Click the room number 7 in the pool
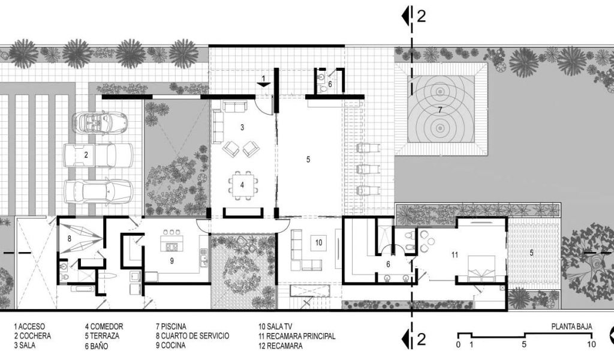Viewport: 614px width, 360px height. (440, 110)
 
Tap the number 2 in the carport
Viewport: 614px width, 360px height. (86, 155)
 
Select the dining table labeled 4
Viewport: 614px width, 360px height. (242, 185)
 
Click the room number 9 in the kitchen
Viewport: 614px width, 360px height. (172, 260)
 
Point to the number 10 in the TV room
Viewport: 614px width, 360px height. (319, 242)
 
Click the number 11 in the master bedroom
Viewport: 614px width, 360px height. (455, 255)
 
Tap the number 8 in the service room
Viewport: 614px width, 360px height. (70, 238)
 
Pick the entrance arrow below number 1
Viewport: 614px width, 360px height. (264, 83)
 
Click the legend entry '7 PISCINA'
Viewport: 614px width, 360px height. (171, 326)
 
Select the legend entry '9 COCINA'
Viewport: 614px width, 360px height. (170, 346)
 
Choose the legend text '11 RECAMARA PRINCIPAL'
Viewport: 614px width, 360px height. (297, 336)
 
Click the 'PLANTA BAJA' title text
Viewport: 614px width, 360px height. (571, 326)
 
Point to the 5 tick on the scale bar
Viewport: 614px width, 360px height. (524, 345)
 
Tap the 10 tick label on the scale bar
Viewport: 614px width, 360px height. (591, 345)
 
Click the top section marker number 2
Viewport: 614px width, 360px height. (422, 16)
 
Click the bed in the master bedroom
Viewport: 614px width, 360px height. (481, 269)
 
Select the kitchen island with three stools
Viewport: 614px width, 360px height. (171, 241)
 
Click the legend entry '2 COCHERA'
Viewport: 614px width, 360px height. (32, 336)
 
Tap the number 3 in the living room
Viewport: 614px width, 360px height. (242, 127)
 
